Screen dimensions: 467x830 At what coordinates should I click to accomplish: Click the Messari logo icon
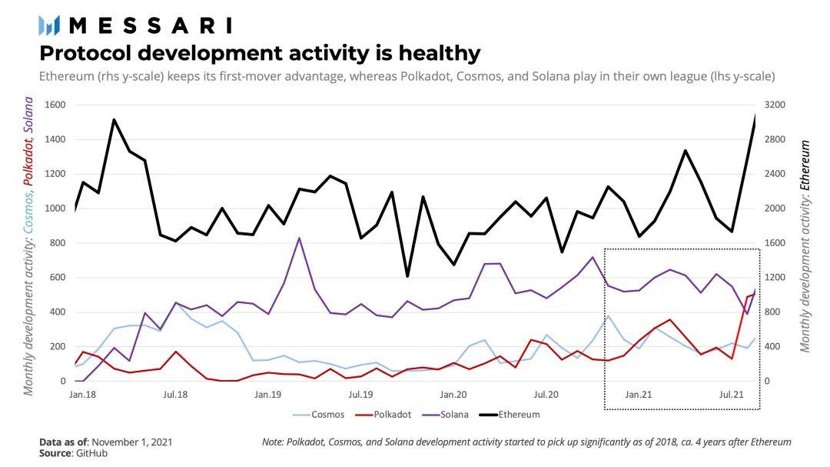pyautogui.click(x=49, y=25)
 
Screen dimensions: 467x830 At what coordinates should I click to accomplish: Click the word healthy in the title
pyautogui.click(x=438, y=53)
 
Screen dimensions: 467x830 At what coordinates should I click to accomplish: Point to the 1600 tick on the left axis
pyautogui.click(x=56, y=105)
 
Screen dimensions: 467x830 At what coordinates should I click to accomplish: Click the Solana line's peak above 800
pyautogui.click(x=299, y=238)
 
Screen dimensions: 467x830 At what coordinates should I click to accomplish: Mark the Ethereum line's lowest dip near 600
pyautogui.click(x=407, y=276)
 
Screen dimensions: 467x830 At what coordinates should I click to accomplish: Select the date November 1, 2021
pyautogui.click(x=132, y=442)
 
